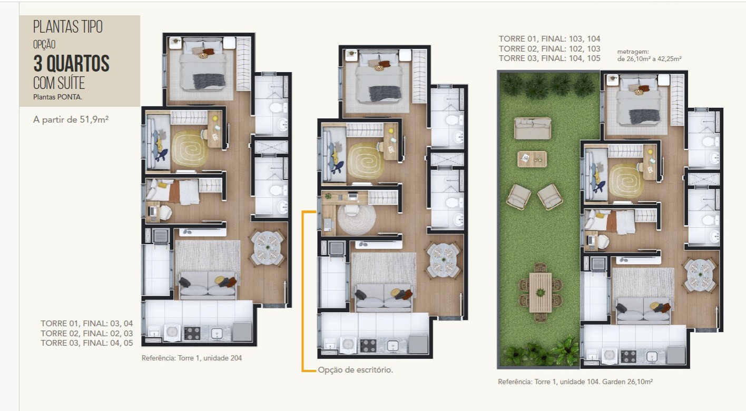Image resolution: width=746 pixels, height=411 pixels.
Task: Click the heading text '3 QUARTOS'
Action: coord(71,64)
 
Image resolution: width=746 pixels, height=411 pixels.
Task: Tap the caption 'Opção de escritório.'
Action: coord(355,370)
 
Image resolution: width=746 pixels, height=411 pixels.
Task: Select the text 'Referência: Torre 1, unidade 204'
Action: coord(192,358)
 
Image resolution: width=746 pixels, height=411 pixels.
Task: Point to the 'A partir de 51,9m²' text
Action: coord(71,119)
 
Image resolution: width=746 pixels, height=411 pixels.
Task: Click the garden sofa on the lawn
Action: coord(533,128)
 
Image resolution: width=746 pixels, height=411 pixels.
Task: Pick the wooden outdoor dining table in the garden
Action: coord(540,293)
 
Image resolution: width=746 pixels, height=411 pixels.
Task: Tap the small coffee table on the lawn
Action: coord(532,159)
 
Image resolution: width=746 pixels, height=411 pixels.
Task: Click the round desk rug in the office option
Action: coord(356,219)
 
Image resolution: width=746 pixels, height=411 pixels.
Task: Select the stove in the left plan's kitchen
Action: coord(192,333)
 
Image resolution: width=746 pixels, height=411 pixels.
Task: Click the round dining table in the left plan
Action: coord(267,248)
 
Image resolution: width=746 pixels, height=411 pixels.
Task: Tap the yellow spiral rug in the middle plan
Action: coord(365,161)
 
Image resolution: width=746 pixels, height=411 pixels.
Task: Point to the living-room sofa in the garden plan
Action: coord(643,311)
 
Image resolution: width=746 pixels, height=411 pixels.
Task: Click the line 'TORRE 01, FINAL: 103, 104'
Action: coord(549,39)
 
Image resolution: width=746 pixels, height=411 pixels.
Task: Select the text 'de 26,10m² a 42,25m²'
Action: coord(650,59)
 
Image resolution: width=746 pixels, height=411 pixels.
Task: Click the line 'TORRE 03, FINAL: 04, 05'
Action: coord(87,343)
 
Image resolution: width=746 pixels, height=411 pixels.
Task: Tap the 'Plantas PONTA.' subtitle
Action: coord(57,97)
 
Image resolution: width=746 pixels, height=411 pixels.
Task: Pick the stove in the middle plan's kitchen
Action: coord(368,346)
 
